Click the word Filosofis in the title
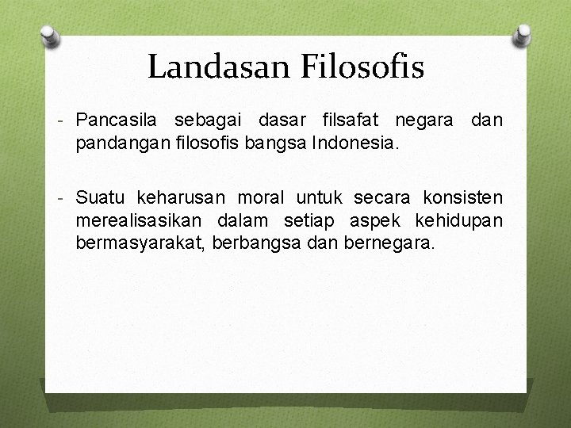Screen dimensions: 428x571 (362, 67)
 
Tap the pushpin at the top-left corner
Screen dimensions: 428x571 (48, 35)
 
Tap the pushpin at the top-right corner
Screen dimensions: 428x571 (523, 35)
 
